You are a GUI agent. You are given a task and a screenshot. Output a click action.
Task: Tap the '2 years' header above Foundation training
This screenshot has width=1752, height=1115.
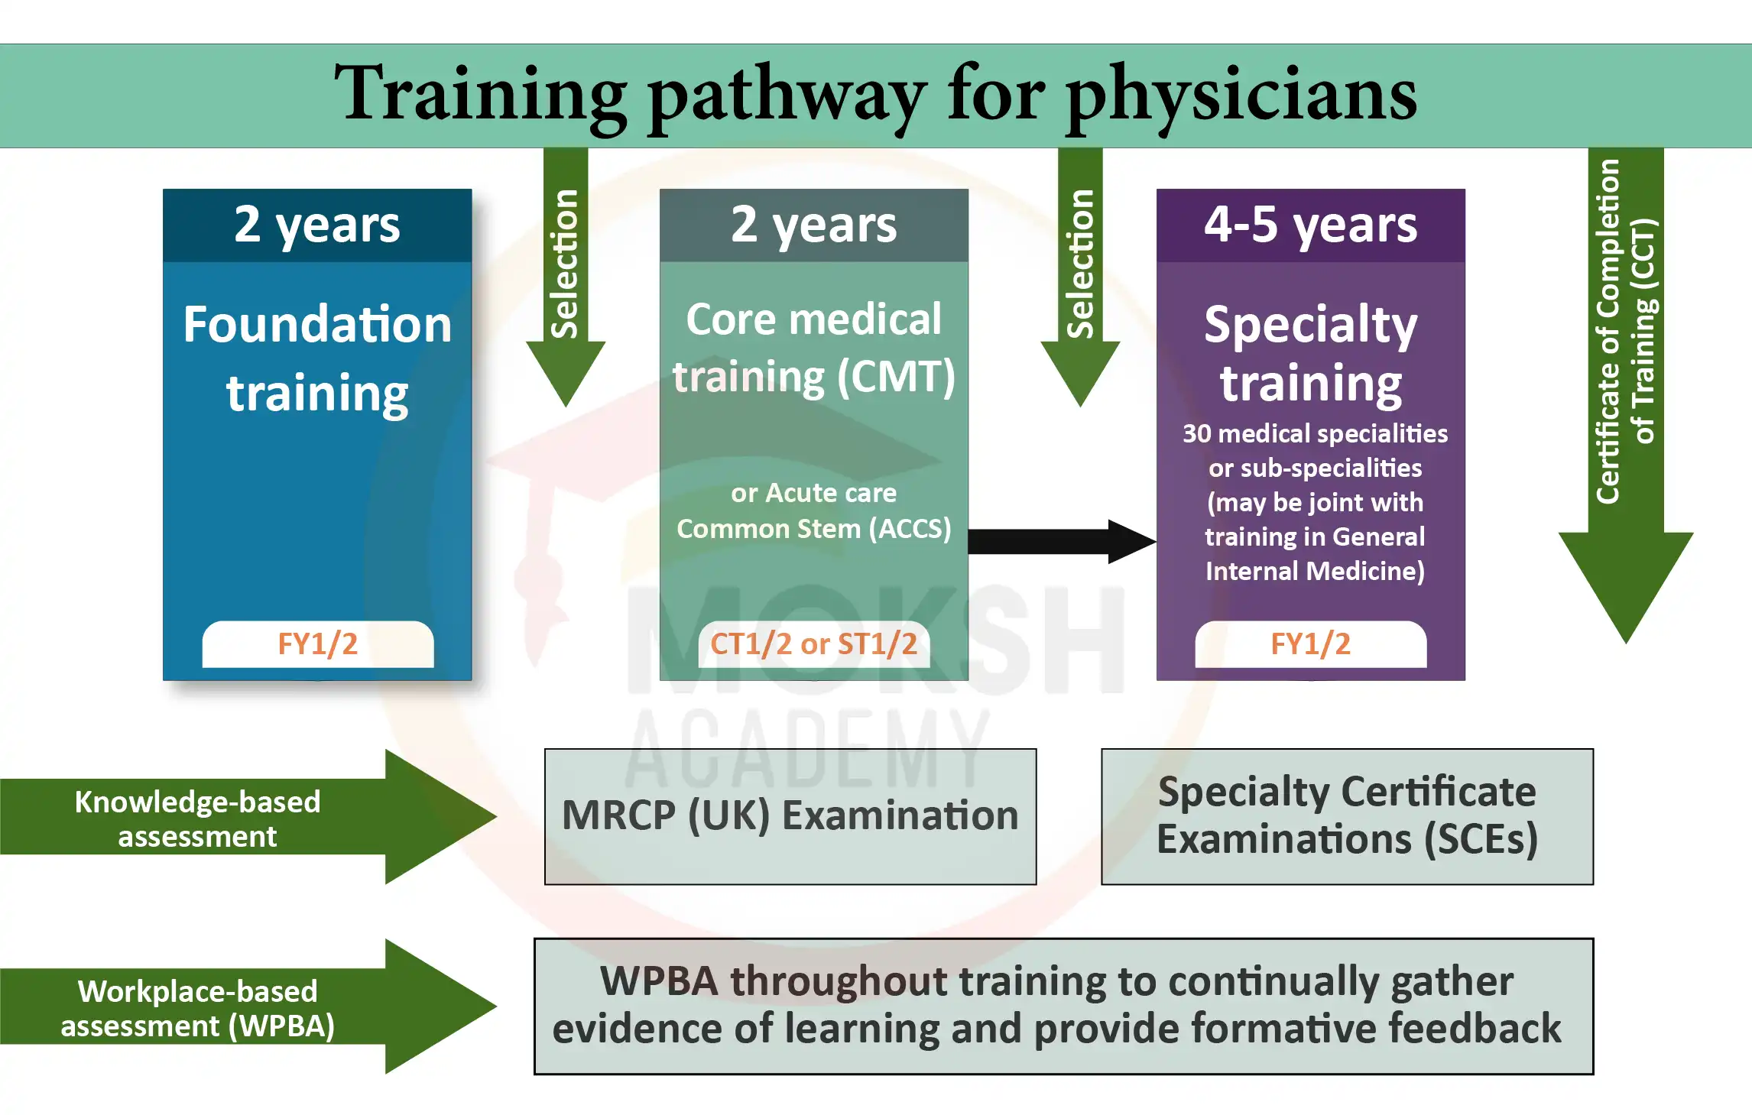(317, 225)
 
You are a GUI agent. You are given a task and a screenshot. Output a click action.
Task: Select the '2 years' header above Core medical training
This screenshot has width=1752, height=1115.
(814, 225)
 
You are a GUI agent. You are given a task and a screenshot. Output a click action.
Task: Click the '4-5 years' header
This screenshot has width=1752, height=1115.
(1311, 225)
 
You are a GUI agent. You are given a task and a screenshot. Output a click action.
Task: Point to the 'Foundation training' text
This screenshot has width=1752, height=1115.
(317, 358)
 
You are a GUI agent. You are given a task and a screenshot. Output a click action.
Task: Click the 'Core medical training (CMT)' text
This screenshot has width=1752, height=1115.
(814, 348)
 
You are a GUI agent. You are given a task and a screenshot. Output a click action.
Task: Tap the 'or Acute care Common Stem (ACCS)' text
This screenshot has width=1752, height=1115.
(814, 511)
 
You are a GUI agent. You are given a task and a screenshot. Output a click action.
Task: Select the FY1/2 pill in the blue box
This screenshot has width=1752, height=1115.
(318, 644)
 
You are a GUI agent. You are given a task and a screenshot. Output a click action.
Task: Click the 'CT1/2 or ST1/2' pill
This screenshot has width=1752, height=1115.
(814, 644)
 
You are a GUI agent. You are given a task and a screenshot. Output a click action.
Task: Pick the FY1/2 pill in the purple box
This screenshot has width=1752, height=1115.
(1311, 644)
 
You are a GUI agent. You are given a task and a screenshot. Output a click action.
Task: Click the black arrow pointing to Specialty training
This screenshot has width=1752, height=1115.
(1063, 542)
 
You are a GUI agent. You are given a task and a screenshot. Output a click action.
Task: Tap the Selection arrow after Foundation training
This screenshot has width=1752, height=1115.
(566, 277)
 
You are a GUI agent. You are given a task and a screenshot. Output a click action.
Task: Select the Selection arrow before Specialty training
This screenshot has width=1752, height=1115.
(1080, 277)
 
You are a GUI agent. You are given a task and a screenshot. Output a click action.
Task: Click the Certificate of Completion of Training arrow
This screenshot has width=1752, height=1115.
(1626, 396)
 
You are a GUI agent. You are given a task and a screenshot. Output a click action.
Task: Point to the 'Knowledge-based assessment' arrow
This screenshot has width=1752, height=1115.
(248, 817)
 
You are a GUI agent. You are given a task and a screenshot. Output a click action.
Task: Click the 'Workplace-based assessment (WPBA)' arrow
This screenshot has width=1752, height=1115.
(248, 1006)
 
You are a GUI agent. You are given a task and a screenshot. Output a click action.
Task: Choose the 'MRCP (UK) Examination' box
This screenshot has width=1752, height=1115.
(790, 817)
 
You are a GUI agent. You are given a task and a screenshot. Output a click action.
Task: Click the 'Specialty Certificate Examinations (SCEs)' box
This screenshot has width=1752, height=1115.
(1348, 817)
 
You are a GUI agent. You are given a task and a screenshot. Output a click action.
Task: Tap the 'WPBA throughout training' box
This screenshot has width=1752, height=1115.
(1064, 1006)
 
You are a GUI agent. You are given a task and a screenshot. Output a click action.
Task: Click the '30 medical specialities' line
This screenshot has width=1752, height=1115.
(1315, 434)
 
